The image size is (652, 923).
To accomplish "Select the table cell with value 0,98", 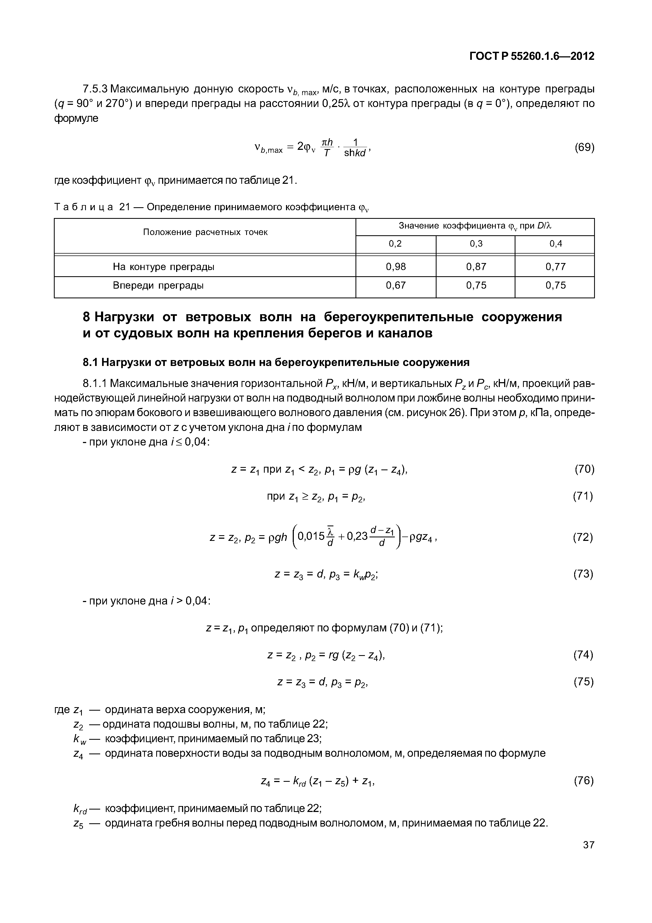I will (396, 267).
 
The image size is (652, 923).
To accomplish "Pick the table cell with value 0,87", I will (476, 267).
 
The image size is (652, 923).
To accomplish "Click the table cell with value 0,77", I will (556, 267).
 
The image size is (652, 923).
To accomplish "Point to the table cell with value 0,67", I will (396, 285).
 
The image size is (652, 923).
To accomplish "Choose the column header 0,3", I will (476, 244).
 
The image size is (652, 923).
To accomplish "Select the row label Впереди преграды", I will (158, 285).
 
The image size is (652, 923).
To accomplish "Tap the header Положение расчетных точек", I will (205, 232).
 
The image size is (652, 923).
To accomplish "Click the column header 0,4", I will (556, 244).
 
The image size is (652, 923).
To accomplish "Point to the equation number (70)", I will (584, 469).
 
